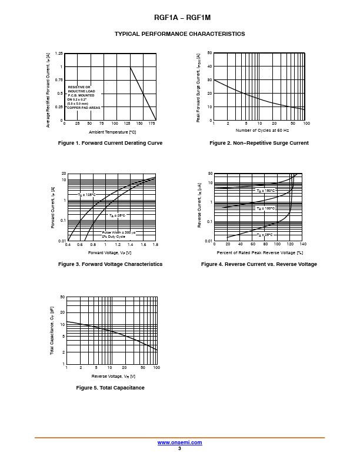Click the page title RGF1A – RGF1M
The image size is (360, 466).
tap(179, 18)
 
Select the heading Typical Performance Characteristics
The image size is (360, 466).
tap(179, 34)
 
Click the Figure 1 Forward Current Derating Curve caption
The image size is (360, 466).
tap(111, 143)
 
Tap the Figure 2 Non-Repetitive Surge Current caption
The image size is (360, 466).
tap(259, 143)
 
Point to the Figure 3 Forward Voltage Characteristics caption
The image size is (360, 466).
tap(110, 264)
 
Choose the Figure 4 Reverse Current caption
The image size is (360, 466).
tap(259, 264)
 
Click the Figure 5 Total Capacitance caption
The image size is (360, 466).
tap(111, 388)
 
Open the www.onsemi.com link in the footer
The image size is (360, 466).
tap(179, 442)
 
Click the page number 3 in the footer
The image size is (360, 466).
tap(179, 448)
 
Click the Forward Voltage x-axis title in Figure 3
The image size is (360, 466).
tap(110, 252)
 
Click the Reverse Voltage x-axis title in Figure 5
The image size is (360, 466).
tap(113, 376)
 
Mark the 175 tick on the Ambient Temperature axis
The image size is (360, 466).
tap(152, 124)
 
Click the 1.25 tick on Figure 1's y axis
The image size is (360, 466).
tap(59, 54)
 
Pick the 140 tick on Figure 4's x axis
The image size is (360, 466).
tap(302, 244)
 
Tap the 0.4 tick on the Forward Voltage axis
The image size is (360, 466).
tap(68, 244)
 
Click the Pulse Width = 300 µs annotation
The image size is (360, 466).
tap(118, 232)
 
